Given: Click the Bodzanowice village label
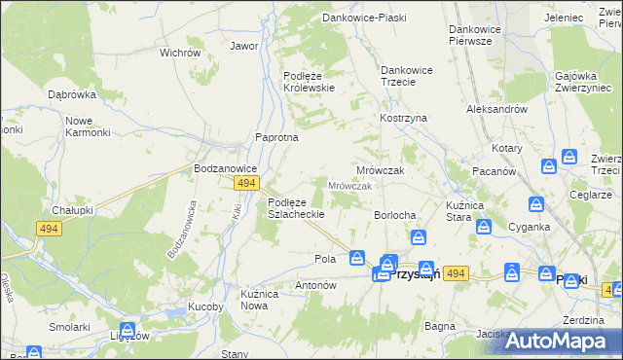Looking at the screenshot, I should click(x=224, y=167).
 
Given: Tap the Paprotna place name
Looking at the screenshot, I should click(x=276, y=137).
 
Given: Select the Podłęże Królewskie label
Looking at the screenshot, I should click(x=309, y=81).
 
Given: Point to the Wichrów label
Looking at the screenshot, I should click(x=179, y=53).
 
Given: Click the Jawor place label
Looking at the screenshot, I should click(x=243, y=46).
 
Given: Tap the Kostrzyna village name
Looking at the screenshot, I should click(x=403, y=118).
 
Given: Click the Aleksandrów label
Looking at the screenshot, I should click(x=496, y=110).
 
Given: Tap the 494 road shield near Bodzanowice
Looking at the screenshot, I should click(x=246, y=182).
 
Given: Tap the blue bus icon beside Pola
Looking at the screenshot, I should click(x=357, y=258).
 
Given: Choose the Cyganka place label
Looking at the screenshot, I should click(x=530, y=227).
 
